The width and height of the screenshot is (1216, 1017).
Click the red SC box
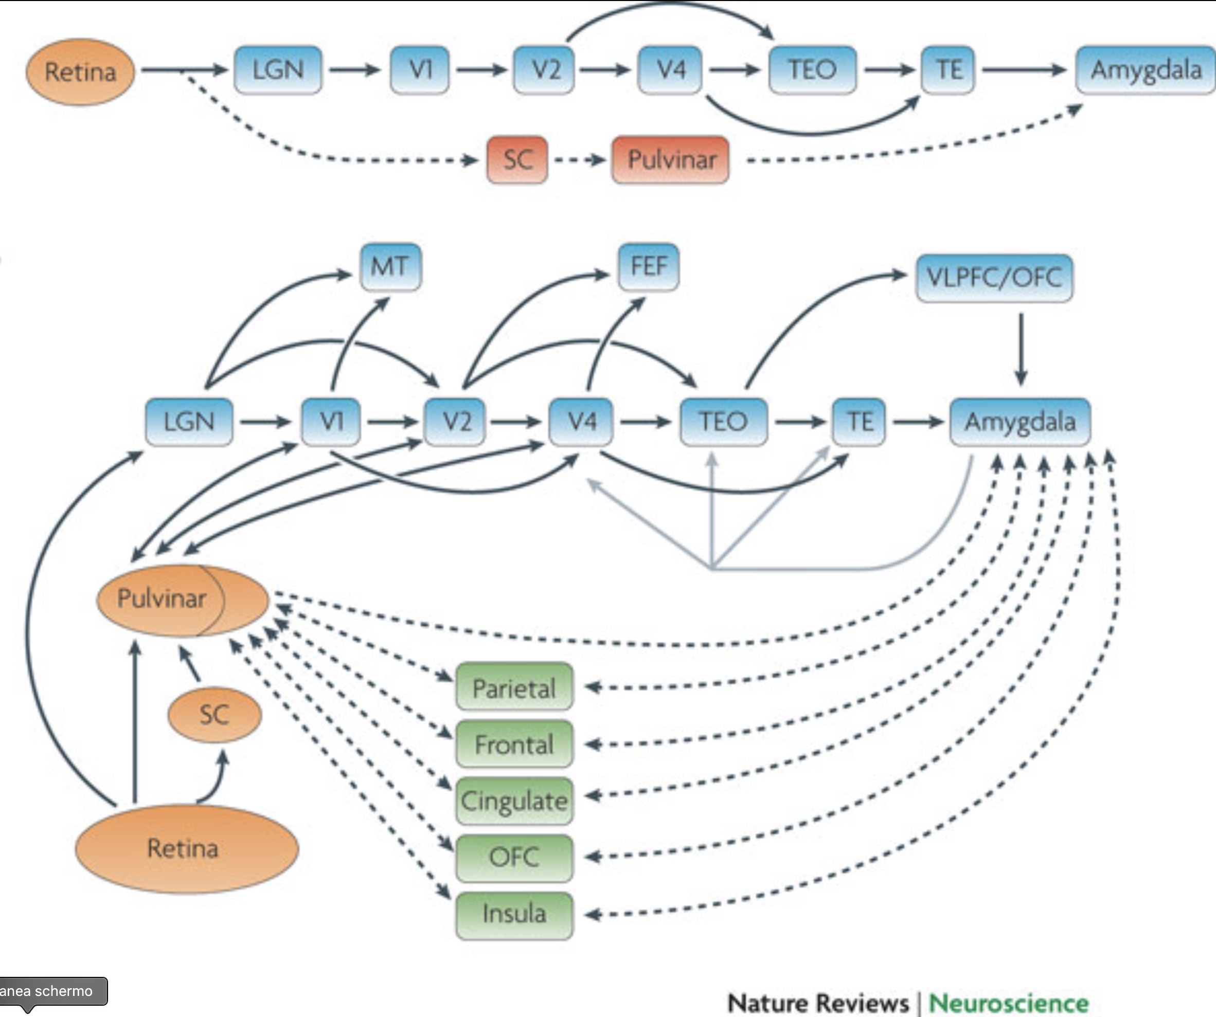coord(517,160)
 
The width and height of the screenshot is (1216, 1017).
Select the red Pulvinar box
coord(671,160)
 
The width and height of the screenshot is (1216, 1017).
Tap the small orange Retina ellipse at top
coord(80,72)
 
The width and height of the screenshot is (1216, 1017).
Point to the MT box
coord(390,267)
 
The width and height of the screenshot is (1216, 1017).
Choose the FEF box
coord(649,267)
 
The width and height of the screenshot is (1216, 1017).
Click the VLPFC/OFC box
coord(994,277)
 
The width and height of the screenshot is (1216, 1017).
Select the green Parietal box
coord(514,687)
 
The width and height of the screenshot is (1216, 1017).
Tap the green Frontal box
coord(514,744)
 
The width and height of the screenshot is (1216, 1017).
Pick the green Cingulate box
coord(514,801)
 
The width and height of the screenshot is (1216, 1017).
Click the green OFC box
coord(514,857)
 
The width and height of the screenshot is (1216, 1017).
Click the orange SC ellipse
coord(214,714)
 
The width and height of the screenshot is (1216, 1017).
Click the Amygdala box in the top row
coord(1146,70)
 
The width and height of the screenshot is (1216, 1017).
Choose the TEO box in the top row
coord(812,70)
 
